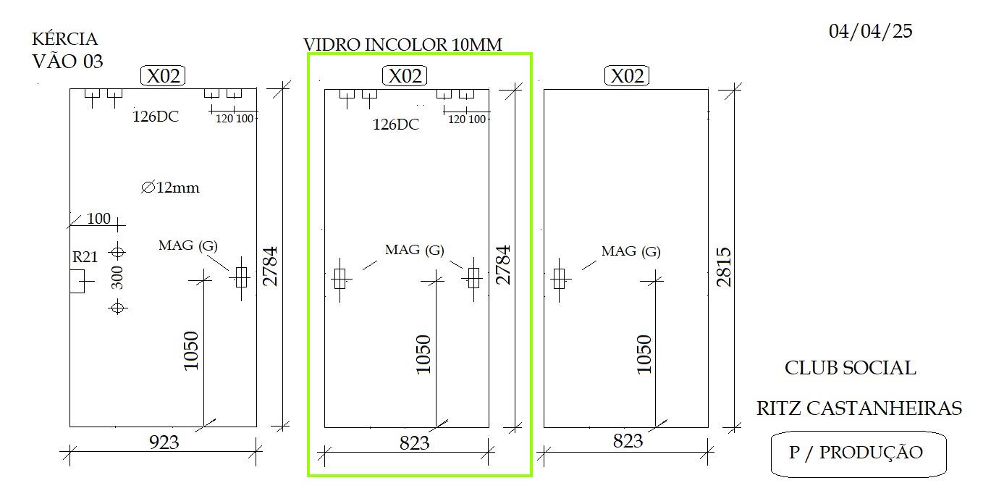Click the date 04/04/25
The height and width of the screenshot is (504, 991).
coord(870,31)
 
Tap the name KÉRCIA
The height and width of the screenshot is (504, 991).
coord(64,38)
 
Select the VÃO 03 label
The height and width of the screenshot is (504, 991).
coord(67,62)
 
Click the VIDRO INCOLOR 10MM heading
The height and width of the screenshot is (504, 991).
coord(402,45)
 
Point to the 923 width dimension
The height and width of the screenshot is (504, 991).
coord(164,442)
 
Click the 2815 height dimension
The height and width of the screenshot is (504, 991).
coord(724,267)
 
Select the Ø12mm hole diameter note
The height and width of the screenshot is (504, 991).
coord(170,188)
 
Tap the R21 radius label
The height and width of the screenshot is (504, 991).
coord(85,256)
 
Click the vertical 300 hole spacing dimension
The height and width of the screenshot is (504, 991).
coord(117,278)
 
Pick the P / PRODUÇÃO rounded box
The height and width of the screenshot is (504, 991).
coord(859,454)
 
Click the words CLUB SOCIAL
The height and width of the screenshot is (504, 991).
coord(851,368)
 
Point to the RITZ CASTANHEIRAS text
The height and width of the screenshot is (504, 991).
coord(859,408)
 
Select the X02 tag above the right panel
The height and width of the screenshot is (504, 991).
coord(627,76)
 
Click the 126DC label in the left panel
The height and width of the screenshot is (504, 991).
coord(156,117)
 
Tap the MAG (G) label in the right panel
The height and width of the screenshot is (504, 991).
coord(631,251)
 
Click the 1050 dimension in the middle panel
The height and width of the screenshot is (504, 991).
coord(423,354)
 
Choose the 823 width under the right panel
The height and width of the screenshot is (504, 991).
coord(628,441)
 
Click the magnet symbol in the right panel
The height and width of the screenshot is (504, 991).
coord(560,280)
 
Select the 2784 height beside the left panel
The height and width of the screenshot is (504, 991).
coord(270,266)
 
